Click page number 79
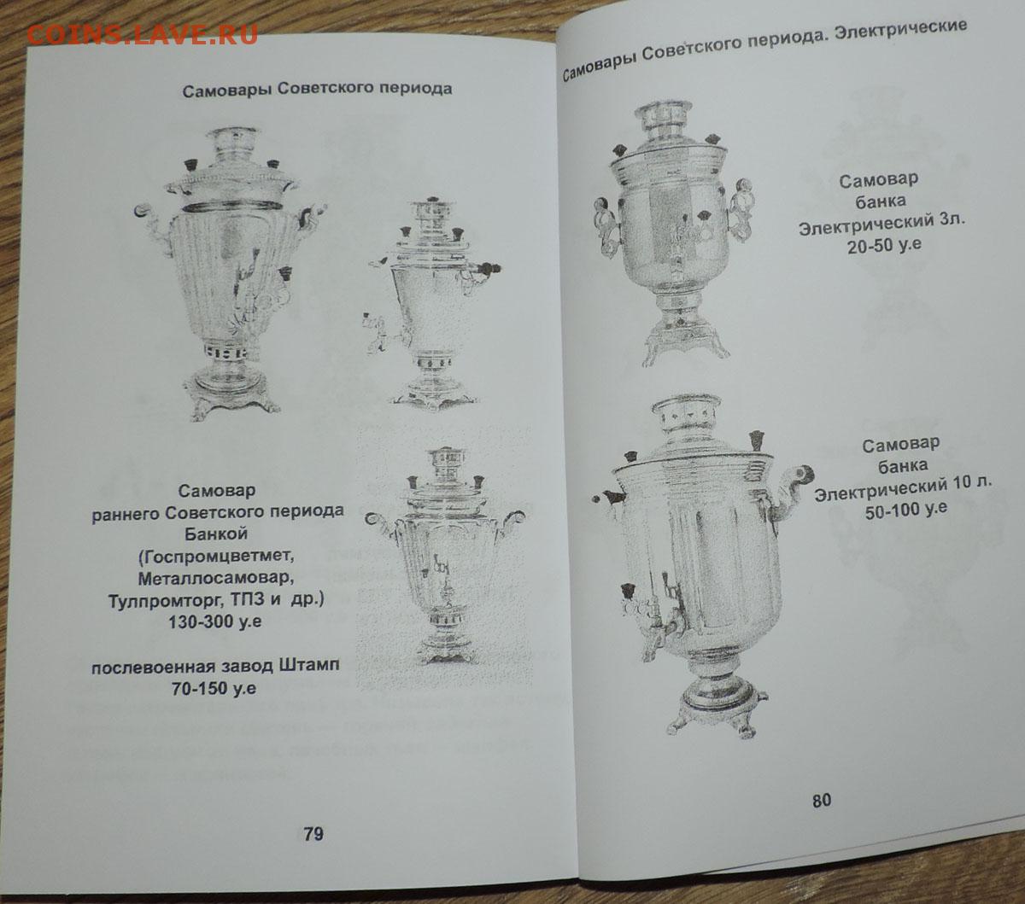[x=313, y=834]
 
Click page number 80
[x=822, y=801]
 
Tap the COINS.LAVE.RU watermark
[x=142, y=34]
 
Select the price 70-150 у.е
[x=214, y=689]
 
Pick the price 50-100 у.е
[x=906, y=510]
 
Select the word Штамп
[x=308, y=665]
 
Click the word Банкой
[x=216, y=534]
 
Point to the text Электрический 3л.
[x=882, y=225]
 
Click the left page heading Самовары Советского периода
[x=317, y=90]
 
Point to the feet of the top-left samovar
[x=232, y=405]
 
